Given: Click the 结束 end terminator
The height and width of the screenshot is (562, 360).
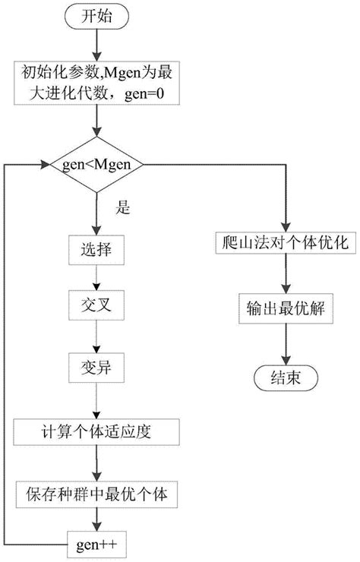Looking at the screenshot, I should [284, 377].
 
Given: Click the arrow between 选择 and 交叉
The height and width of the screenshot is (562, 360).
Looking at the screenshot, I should [96, 277].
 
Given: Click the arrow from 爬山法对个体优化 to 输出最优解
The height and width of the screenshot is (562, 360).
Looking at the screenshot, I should [284, 276].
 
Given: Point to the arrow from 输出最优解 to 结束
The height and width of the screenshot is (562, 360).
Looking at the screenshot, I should [284, 343].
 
